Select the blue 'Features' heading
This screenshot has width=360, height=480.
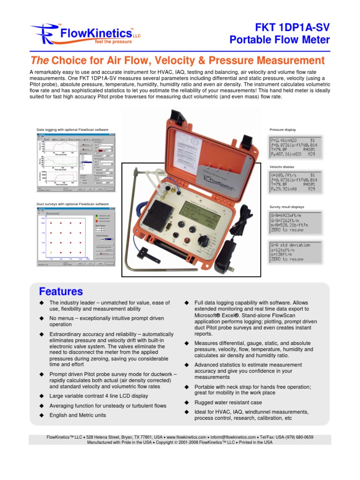coord(61,291)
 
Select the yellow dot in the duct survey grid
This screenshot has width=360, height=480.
coord(50,253)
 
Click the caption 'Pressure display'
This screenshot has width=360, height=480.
coord(283,129)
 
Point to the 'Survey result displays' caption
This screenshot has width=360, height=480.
coord(287,206)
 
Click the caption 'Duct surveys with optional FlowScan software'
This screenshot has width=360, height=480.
coord(73,204)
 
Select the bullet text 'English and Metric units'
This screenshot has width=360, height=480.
coord(78,415)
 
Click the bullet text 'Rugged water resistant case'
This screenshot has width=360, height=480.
coord(228,403)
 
